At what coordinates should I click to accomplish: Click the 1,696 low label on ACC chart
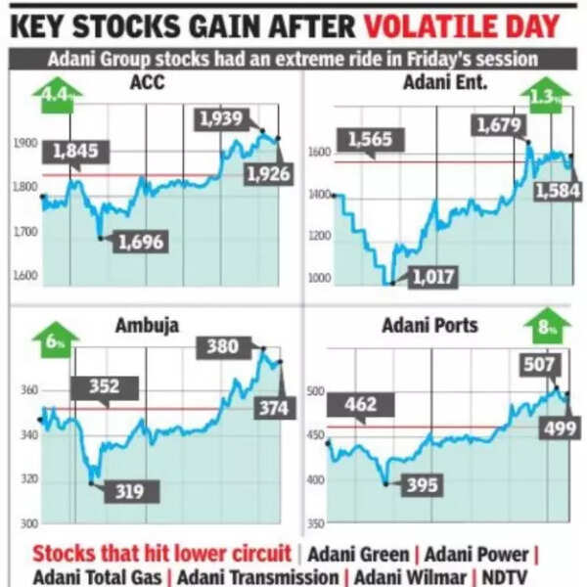[140, 241]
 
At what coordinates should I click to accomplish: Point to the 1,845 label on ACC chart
[76, 151]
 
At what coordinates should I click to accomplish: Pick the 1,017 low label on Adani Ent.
[431, 277]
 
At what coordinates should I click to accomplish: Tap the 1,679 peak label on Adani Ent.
[501, 124]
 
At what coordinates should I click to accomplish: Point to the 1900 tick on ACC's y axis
[24, 144]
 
